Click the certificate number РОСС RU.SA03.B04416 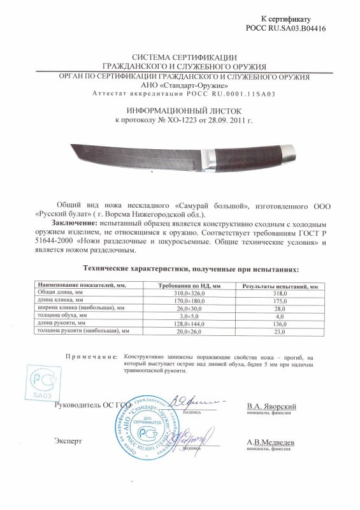(291, 29)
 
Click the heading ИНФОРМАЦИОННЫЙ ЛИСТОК (180, 110)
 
